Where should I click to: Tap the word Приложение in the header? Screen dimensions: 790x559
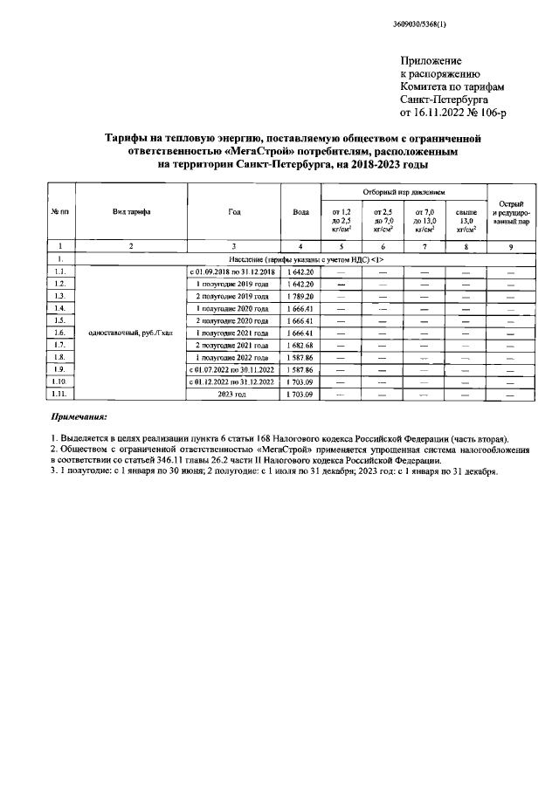pos(430,60)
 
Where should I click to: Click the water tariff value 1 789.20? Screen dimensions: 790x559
pos(300,296)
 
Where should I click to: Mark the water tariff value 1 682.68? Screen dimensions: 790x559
pos(300,345)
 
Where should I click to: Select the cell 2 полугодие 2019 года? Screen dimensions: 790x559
pos(232,296)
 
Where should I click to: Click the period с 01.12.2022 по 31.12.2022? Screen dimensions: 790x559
pos(232,381)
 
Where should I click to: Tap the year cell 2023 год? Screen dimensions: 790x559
pos(232,394)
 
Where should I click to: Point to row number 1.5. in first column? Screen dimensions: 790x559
pos(59,320)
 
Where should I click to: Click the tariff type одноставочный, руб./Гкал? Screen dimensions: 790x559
pos(130,333)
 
